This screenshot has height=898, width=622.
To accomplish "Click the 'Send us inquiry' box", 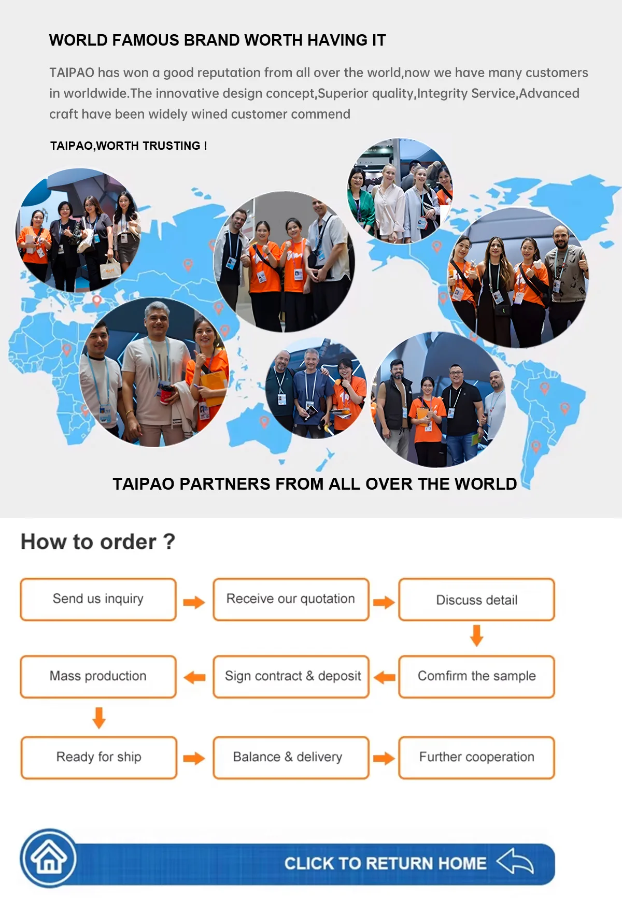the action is coord(98,599).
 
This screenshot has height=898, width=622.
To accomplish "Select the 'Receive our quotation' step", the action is coord(291,599).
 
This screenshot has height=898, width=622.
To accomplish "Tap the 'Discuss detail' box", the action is coord(476,600).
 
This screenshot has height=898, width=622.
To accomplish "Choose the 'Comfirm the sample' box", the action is coord(476,676).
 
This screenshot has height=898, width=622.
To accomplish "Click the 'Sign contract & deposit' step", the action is coord(291,676).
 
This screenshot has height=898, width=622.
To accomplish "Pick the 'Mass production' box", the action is coord(98,676).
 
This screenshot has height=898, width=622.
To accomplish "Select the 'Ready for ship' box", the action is coord(98,757).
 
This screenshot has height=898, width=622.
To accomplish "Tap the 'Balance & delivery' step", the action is coord(291,757).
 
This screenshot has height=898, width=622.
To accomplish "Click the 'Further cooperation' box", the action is coord(476,757).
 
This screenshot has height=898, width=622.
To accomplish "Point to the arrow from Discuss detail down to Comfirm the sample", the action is coord(476,635).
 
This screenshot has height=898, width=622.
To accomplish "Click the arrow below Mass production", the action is coord(99,718).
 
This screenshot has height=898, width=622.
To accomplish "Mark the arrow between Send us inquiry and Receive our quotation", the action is coord(194,602).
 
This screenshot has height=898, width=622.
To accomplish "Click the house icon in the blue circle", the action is coord(49,858).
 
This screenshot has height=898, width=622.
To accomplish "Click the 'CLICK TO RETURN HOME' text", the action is coord(385,863).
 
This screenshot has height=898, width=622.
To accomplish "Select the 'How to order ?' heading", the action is coord(98,542).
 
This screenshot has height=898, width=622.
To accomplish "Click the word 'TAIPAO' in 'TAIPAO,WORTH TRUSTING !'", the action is coord(71,146).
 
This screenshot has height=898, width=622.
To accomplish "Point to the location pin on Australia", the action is coord(264,422).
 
